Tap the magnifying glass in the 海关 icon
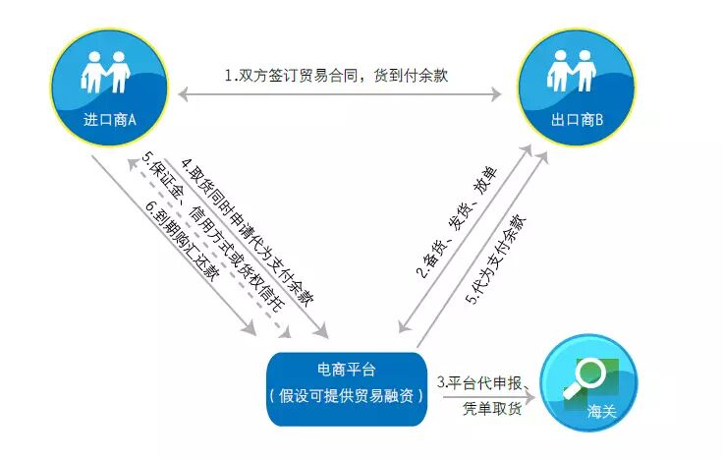coord(590,375)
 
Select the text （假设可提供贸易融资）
coord(347,396)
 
